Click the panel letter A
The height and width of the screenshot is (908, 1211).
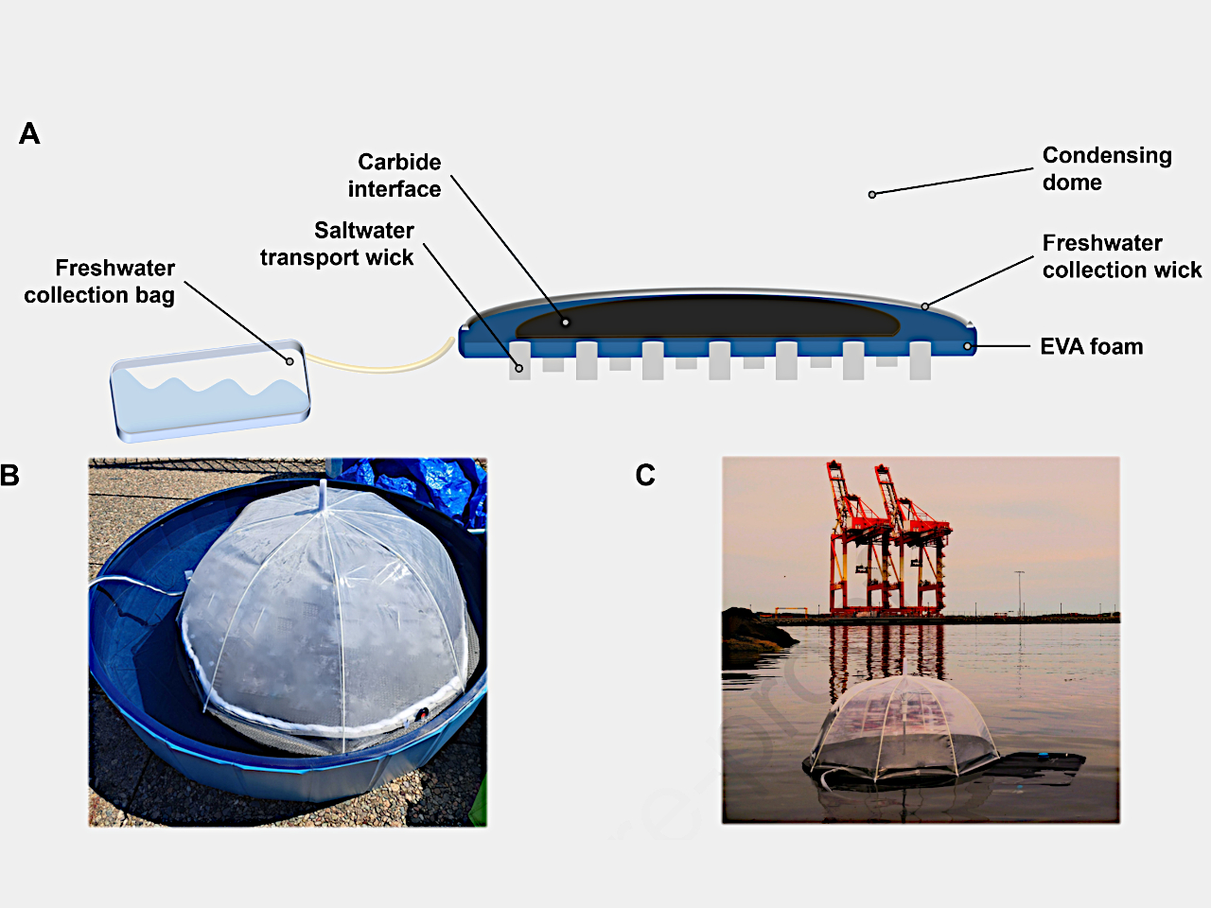29,133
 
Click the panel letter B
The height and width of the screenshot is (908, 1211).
10,475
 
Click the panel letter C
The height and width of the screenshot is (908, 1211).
645,475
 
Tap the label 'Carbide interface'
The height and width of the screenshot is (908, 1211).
395,176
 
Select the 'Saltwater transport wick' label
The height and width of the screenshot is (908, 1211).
337,244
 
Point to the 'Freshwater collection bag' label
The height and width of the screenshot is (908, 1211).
100,282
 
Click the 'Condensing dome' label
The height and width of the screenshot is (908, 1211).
1106,168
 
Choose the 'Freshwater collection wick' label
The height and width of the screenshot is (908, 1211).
1121,256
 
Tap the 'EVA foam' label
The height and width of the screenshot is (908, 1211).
1091,347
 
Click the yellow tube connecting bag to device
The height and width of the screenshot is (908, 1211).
378,365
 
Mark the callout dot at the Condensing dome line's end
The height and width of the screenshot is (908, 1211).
872,195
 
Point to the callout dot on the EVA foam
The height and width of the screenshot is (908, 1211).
967,346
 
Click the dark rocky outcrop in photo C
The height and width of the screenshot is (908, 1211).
752,631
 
